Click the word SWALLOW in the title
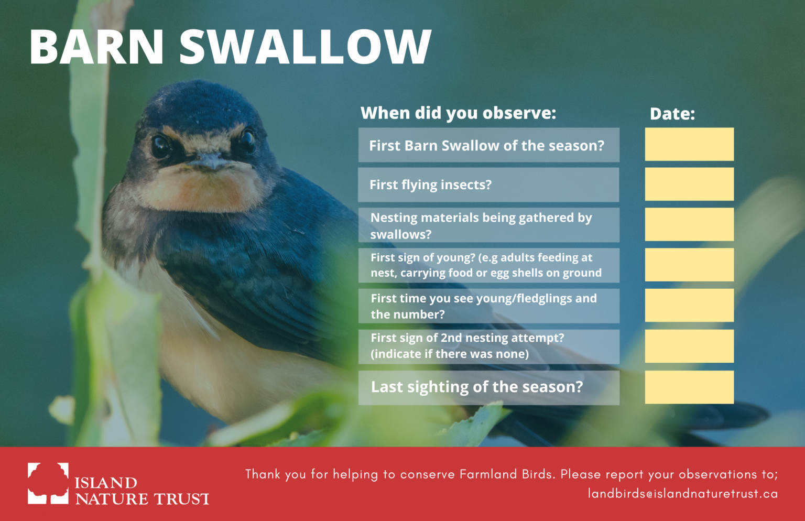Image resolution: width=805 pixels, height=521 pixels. click(x=305, y=47)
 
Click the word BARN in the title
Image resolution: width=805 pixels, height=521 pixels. click(x=96, y=47)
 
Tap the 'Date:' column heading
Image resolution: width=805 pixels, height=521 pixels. click(x=672, y=114)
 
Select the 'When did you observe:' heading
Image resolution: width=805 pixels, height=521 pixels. click(x=458, y=113)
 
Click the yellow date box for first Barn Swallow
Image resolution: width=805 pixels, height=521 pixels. click(x=689, y=144)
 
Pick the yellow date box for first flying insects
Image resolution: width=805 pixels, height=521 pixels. click(x=689, y=184)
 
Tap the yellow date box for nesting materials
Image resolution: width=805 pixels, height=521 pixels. click(x=689, y=224)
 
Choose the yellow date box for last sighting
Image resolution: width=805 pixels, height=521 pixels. click(x=689, y=387)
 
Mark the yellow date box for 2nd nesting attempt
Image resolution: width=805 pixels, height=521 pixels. click(x=689, y=346)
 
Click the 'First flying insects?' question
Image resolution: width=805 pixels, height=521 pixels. click(x=430, y=184)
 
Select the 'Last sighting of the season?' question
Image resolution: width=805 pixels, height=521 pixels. click(x=477, y=387)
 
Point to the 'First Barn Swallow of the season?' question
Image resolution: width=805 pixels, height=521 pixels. click(x=486, y=146)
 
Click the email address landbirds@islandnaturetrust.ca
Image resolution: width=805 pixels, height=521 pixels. click(x=683, y=494)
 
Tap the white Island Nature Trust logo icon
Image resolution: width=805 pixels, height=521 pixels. click(x=48, y=483)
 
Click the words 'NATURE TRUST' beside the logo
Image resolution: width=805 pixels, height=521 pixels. click(x=142, y=498)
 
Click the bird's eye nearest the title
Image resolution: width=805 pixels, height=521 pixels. click(x=161, y=146)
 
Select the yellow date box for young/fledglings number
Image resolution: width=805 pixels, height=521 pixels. click(x=689, y=305)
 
